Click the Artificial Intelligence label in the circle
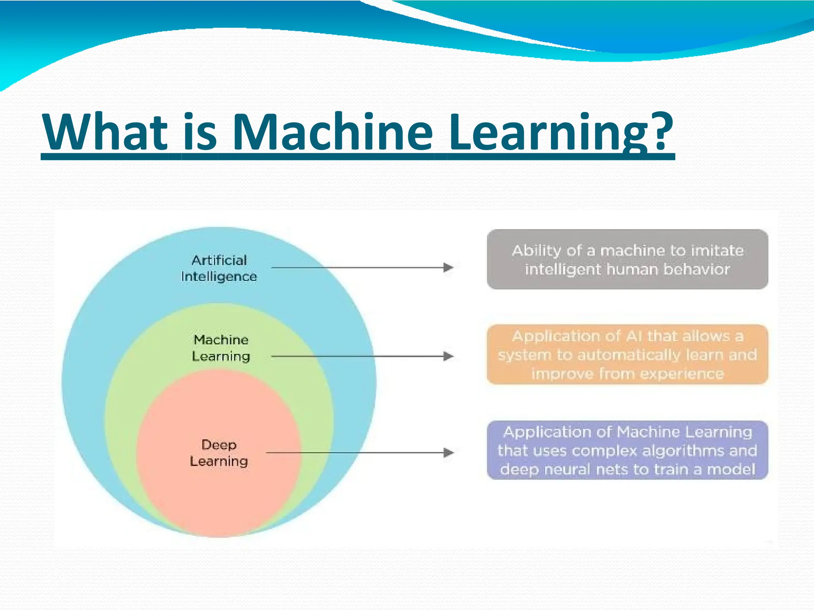point(219,268)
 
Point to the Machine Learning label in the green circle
point(221,348)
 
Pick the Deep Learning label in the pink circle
point(219,453)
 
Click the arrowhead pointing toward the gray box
point(448,268)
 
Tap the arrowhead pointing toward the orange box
point(448,356)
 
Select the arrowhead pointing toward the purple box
point(448,452)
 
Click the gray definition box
point(627,260)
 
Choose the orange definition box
point(627,355)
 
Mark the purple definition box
point(627,450)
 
